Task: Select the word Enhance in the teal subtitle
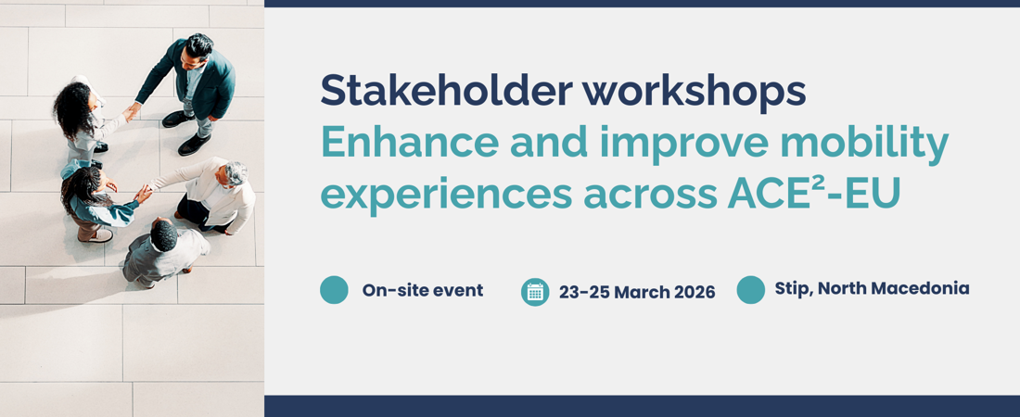click(409, 143)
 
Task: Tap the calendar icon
click(535, 292)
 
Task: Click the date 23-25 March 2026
click(637, 292)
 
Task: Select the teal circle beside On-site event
click(335, 289)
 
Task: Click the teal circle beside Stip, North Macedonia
click(751, 289)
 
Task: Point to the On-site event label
click(423, 290)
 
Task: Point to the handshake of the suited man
click(132, 111)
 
